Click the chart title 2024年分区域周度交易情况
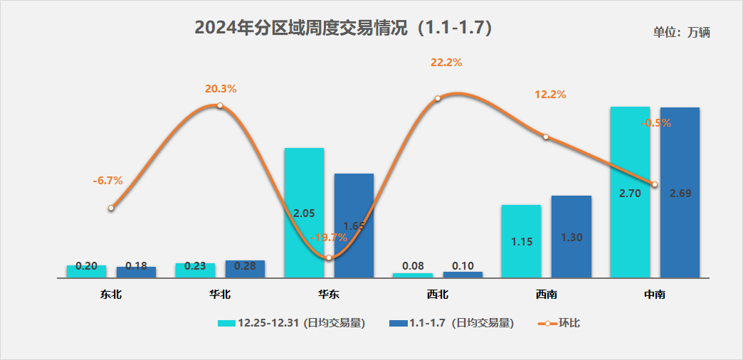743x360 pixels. click(x=344, y=28)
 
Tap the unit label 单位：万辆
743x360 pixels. click(x=682, y=32)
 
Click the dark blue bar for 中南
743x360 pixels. click(x=680, y=192)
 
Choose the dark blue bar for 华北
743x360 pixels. click(x=245, y=269)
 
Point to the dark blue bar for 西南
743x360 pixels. click(x=571, y=236)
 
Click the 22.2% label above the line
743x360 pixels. click(x=446, y=63)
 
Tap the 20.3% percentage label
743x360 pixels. click(x=221, y=89)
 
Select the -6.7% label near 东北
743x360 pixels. click(x=107, y=181)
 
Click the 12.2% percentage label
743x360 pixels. click(x=550, y=95)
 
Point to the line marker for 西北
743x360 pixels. click(x=438, y=98)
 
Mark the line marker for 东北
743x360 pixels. click(x=111, y=208)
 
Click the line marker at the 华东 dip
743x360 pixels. click(x=329, y=258)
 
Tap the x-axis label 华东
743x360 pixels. click(x=329, y=293)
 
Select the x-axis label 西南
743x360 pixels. click(x=547, y=293)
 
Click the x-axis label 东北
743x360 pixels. click(x=111, y=293)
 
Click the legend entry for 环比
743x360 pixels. click(x=559, y=323)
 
